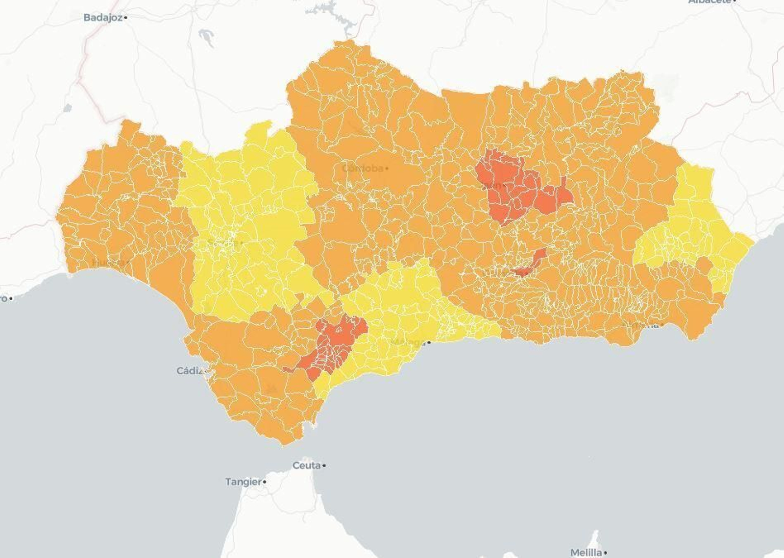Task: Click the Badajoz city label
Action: pos(102,18)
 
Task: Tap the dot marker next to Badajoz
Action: pos(126,18)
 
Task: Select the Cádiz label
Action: pos(190,371)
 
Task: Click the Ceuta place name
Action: pos(306,465)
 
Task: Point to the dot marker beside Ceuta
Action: pos(324,466)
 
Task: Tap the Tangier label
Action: pos(243,482)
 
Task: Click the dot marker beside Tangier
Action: pos(265,482)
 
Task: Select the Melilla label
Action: pos(586,552)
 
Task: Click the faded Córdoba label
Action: pos(362,169)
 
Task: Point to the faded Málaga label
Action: pos(408,342)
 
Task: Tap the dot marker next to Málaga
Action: pos(429,342)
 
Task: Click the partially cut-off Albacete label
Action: pos(710,2)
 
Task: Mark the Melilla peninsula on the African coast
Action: pos(595,539)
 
